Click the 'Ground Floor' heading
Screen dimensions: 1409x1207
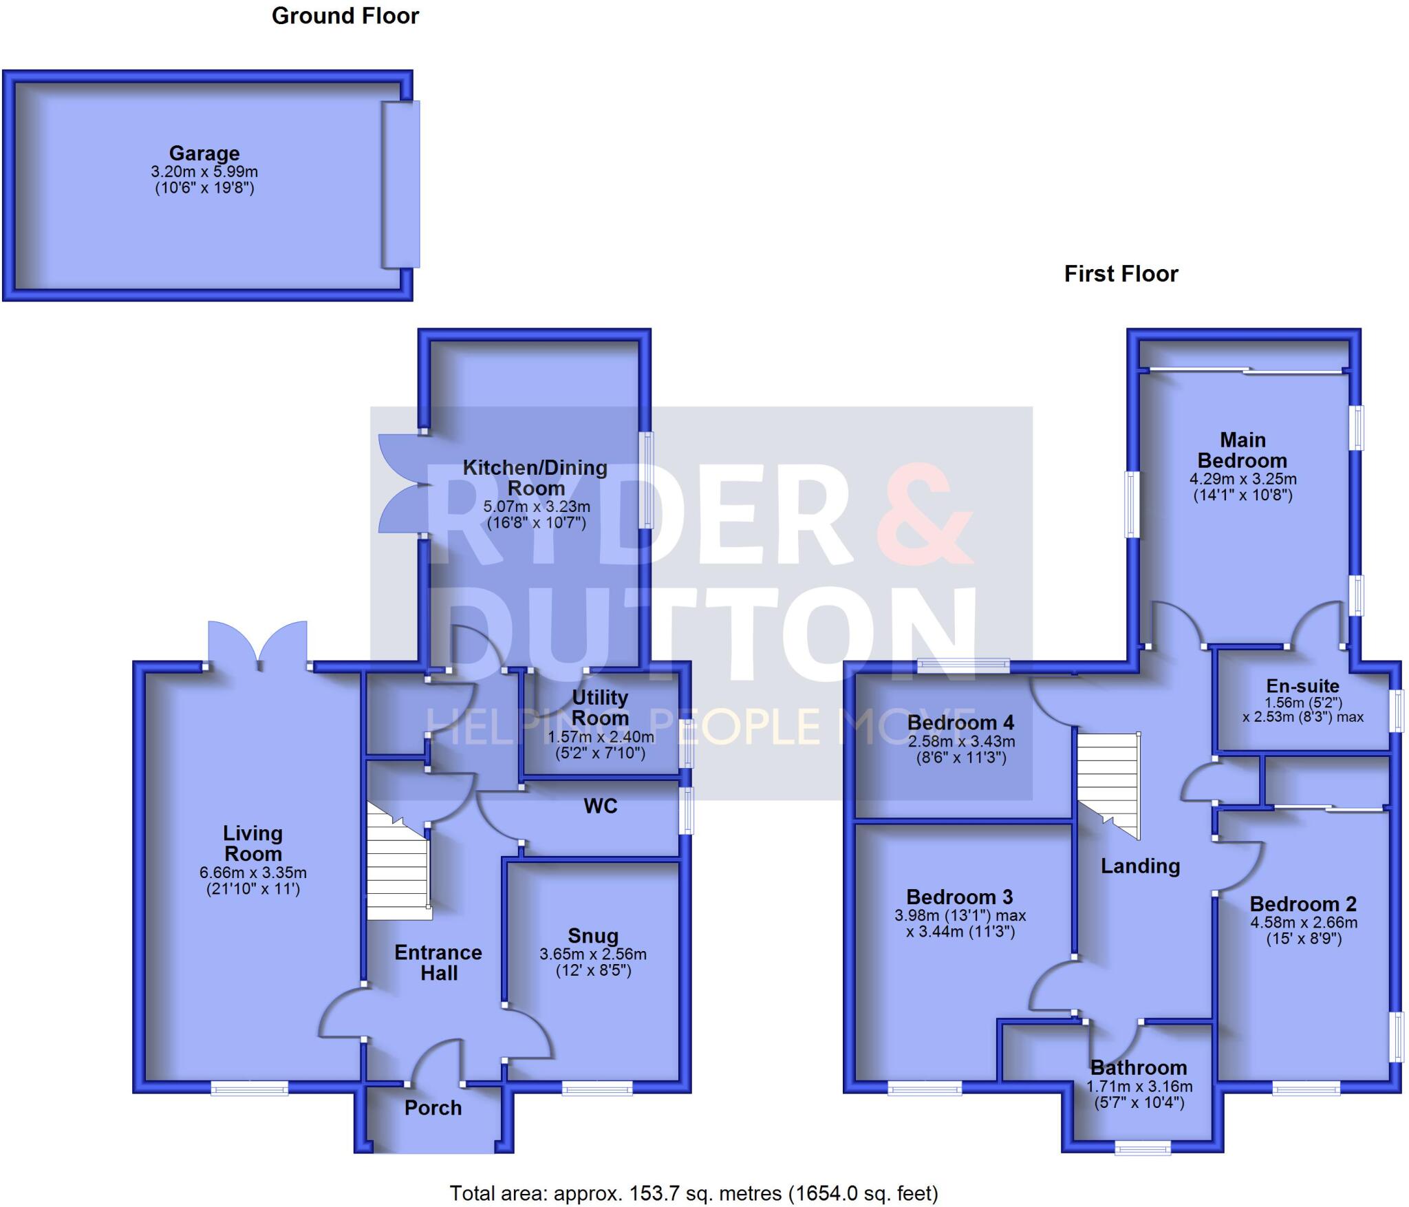pyautogui.click(x=345, y=16)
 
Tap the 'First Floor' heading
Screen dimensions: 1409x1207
pyautogui.click(x=1121, y=274)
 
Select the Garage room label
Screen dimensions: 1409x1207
pyautogui.click(x=204, y=153)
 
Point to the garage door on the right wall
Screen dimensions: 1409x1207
pyautogui.click(x=400, y=184)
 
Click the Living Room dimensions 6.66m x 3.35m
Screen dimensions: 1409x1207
pyautogui.click(x=253, y=873)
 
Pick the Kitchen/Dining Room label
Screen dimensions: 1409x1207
pyautogui.click(x=535, y=478)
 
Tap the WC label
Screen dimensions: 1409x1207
pyautogui.click(x=601, y=806)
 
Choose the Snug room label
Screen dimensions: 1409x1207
pyautogui.click(x=593, y=936)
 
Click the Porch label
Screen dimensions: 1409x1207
pyautogui.click(x=433, y=1107)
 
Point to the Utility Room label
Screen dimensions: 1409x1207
pyautogui.click(x=600, y=707)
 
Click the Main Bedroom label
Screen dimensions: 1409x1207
pyautogui.click(x=1243, y=450)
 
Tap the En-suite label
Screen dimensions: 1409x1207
pyautogui.click(x=1303, y=685)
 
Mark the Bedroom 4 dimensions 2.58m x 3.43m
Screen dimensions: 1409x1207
pyautogui.click(x=960, y=742)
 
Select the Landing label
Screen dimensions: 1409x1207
pyautogui.click(x=1140, y=866)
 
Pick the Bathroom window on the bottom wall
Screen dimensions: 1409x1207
pyautogui.click(x=1143, y=1147)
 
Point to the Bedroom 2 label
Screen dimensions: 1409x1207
pyautogui.click(x=1303, y=904)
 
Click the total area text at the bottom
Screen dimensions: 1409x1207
pyautogui.click(x=694, y=1193)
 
